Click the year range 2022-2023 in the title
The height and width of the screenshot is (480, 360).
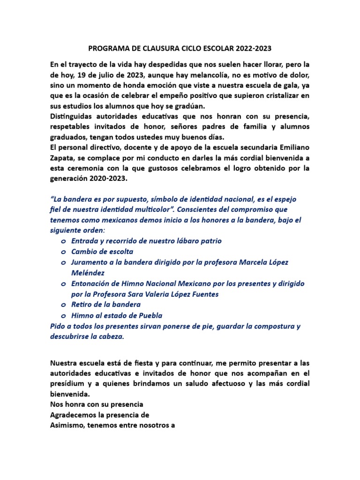point(254,48)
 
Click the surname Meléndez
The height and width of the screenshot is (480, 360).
point(88,273)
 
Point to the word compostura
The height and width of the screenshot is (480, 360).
point(271,326)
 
